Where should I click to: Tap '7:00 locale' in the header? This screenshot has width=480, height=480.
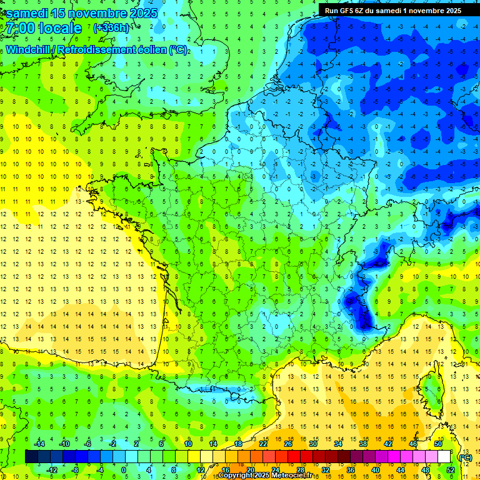pos(43,29)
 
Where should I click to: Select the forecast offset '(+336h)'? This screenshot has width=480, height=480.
pos(111,28)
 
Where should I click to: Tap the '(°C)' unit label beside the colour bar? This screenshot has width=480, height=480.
pos(465,457)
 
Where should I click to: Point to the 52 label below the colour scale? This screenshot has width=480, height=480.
pos(451,470)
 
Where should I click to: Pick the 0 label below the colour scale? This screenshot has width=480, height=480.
pos(124,470)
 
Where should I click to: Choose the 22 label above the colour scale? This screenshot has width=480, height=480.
pos(263,444)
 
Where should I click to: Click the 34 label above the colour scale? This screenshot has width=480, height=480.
pos(337,444)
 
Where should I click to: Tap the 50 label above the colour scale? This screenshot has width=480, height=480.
pos(437,444)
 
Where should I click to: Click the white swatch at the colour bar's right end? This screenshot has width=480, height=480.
pos(444,457)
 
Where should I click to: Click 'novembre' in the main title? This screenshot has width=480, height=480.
pos(97,13)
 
